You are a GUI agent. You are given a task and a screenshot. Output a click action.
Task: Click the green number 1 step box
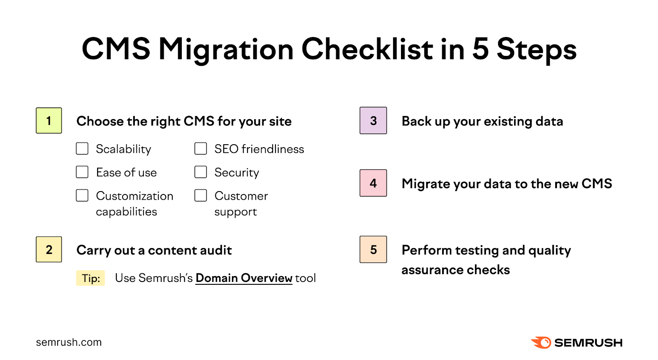click(49, 121)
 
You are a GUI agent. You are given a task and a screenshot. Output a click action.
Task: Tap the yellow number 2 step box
click(49, 249)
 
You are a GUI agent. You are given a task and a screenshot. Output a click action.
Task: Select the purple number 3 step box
click(373, 121)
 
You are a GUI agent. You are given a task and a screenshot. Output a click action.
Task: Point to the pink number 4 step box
click(373, 183)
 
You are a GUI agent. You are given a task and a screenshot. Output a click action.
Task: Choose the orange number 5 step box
click(373, 249)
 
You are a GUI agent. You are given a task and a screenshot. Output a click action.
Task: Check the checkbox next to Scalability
click(82, 149)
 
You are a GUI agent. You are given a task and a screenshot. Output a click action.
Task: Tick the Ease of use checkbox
click(82, 172)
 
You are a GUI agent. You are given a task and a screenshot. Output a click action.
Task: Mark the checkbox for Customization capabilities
click(82, 196)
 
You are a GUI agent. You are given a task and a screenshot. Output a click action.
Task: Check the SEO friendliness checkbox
click(201, 149)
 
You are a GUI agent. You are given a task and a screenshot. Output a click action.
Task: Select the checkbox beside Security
click(201, 172)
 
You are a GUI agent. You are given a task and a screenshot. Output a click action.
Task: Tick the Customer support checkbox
click(201, 196)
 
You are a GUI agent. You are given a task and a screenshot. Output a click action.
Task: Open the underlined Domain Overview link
click(244, 278)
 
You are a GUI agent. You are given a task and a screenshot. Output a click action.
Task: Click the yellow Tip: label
click(90, 278)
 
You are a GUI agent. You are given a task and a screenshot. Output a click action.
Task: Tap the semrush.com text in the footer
click(69, 342)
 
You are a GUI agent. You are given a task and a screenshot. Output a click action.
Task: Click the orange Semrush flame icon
click(541, 342)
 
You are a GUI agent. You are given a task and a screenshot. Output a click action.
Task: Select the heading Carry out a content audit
click(154, 250)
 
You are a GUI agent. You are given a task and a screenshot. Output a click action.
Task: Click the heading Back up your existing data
click(482, 122)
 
